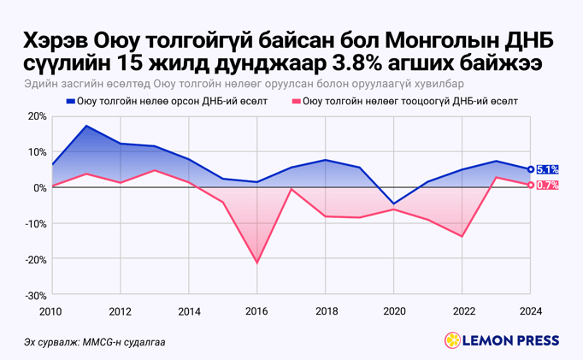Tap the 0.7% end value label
click(548, 186)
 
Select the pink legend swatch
click(297, 102)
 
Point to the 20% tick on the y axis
click(36, 116)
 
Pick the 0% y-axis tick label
click(39, 188)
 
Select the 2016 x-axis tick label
click(256, 311)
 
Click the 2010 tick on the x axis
click(50, 311)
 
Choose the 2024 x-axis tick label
click(531, 311)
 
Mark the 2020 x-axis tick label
click(393, 311)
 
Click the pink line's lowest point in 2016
click(256, 263)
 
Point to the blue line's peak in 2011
click(85, 126)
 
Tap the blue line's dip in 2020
click(393, 204)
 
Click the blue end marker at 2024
click(531, 169)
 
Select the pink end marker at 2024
click(531, 186)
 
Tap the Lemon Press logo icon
click(451, 341)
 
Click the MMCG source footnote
click(95, 343)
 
